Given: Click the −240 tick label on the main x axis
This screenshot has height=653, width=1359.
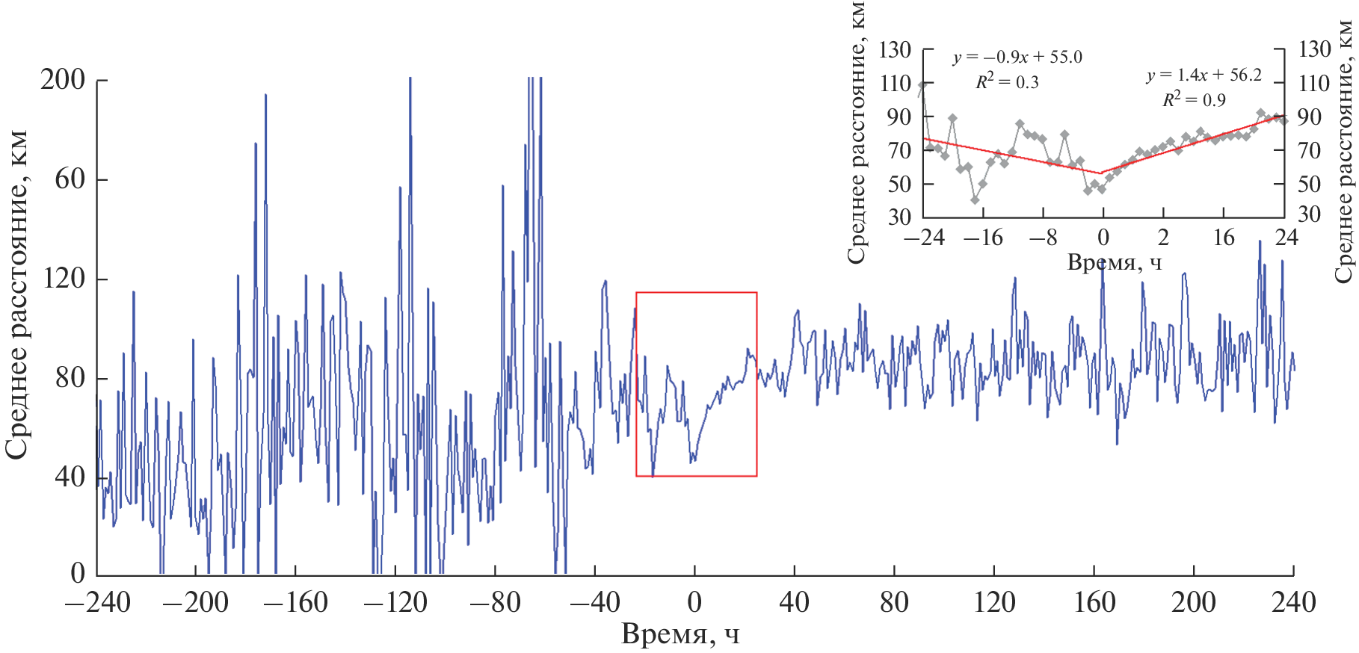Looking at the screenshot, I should [98, 602].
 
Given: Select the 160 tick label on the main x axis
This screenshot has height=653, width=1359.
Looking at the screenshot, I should [1094, 602].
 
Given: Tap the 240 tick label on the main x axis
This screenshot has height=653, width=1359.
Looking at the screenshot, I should [1293, 602].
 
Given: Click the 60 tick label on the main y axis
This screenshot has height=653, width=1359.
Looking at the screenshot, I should [70, 179].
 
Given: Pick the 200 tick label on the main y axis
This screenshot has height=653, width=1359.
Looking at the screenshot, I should [63, 79].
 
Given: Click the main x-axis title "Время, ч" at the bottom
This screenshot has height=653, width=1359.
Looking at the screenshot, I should [680, 634].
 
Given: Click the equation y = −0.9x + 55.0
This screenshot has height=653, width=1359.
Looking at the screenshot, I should [1017, 58].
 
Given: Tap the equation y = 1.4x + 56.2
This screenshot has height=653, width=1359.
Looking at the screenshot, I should [1204, 75].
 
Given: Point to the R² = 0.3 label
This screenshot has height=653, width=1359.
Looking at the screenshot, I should [1007, 82].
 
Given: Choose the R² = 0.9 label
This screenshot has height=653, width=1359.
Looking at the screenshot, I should [1194, 99].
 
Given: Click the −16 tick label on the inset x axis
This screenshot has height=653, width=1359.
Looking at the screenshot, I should [983, 238].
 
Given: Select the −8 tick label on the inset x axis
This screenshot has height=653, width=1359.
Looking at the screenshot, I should [1044, 238].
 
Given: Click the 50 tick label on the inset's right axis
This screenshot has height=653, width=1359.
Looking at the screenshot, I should [1309, 184].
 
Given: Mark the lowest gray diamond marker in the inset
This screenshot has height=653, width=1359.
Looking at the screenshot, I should [975, 200].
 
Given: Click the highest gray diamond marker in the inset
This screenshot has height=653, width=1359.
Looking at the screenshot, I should [922, 85].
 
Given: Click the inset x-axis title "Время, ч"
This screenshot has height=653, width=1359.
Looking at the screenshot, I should [1114, 262].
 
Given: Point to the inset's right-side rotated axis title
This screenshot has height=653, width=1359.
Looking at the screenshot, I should [1344, 149].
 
